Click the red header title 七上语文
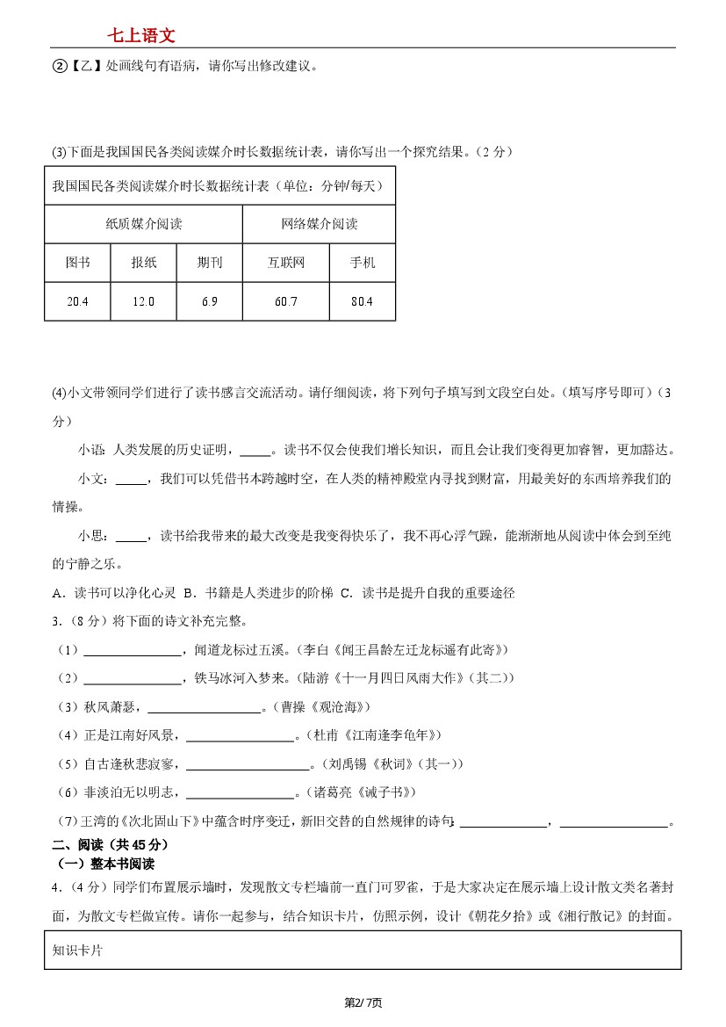click(141, 35)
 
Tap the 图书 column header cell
click(77, 263)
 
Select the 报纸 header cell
click(143, 263)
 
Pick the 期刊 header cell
click(209, 263)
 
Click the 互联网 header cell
click(286, 263)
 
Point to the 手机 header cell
click(362, 263)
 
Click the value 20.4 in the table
click(77, 301)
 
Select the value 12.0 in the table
click(143, 301)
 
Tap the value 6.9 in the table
click(209, 301)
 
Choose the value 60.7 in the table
click(286, 301)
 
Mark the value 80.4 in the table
click(362, 301)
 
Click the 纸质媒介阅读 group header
click(144, 224)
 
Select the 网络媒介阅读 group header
click(320, 224)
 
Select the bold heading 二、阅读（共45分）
click(110, 844)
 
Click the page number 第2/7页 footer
click(363, 1002)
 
